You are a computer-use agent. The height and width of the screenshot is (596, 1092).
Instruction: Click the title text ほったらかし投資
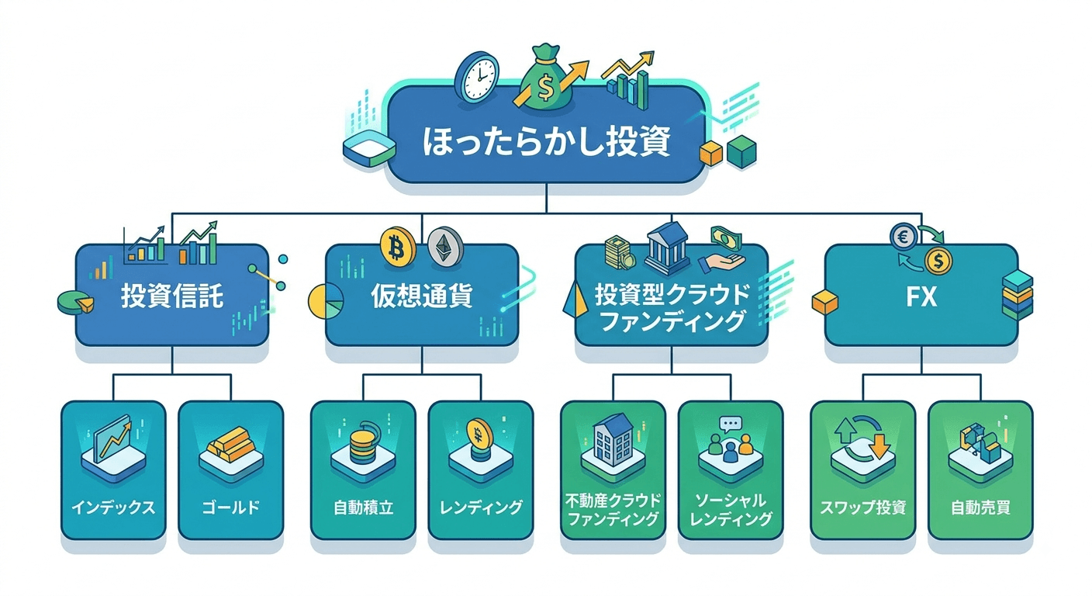pyautogui.click(x=547, y=141)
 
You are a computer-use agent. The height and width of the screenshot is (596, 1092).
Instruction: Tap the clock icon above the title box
pyautogui.click(x=477, y=77)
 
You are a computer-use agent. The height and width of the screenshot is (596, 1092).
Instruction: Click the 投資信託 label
pyautogui.click(x=172, y=296)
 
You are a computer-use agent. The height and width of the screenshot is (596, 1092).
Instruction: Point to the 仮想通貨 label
pyautogui.click(x=422, y=296)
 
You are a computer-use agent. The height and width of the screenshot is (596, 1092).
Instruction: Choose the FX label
pyautogui.click(x=921, y=296)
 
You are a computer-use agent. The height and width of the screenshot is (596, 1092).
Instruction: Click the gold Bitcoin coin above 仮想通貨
pyautogui.click(x=397, y=246)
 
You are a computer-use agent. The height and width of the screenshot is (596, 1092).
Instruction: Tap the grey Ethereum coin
pyautogui.click(x=445, y=246)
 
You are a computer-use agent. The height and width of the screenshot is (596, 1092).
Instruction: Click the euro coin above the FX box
pyautogui.click(x=904, y=237)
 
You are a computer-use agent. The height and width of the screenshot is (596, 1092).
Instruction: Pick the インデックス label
pyautogui.click(x=113, y=508)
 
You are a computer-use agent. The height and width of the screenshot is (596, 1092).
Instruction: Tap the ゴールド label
pyautogui.click(x=230, y=508)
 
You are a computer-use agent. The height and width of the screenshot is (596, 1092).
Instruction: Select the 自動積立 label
pyautogui.click(x=363, y=508)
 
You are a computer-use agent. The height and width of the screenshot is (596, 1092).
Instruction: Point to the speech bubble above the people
pyautogui.click(x=731, y=424)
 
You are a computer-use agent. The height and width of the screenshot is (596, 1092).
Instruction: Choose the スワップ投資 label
pyautogui.click(x=863, y=508)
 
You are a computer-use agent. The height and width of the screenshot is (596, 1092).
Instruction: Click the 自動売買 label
pyautogui.click(x=980, y=508)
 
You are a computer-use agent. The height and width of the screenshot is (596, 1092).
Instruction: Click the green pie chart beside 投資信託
pyautogui.click(x=75, y=303)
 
